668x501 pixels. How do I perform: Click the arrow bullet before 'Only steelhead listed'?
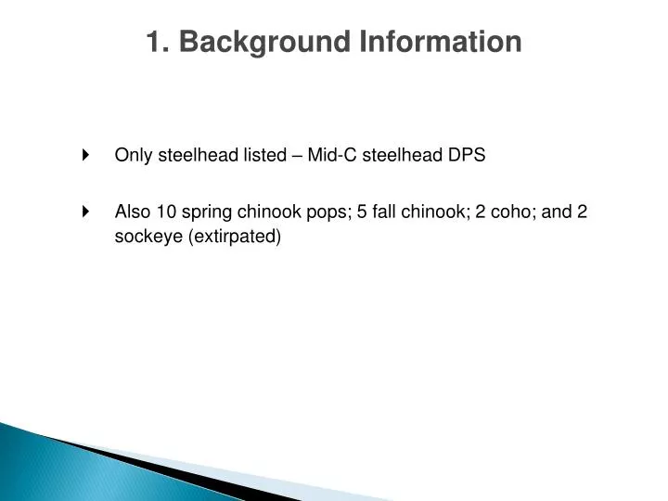86,155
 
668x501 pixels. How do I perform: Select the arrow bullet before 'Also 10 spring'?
86,211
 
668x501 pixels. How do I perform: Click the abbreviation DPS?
468,155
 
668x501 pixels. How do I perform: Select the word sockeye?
148,237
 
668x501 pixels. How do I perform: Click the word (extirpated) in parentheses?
234,237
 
